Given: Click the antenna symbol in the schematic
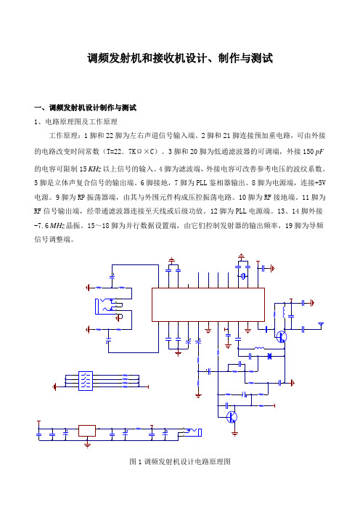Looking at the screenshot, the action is pyautogui.click(x=321, y=325).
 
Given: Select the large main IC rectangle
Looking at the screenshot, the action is pyautogui.click(x=208, y=304).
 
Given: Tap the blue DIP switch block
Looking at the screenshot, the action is pyautogui.click(x=86, y=381).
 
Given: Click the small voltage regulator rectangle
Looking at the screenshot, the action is pyautogui.click(x=87, y=431).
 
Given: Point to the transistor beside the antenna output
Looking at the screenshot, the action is pyautogui.click(x=282, y=336).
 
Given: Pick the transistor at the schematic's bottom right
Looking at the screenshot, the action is pyautogui.click(x=232, y=417).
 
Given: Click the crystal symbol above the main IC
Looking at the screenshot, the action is pyautogui.click(x=243, y=277).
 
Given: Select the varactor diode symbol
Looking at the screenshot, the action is pyautogui.click(x=269, y=356).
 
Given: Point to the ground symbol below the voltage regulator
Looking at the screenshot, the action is pyautogui.click(x=87, y=445).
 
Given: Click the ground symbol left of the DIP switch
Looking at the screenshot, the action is pyautogui.click(x=54, y=386).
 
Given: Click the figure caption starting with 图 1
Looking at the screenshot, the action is pyautogui.click(x=180, y=461).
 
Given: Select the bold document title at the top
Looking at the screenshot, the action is pyautogui.click(x=180, y=58).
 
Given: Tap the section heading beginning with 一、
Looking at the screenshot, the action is pyautogui.click(x=86, y=108).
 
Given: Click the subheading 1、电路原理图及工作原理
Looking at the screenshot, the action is pyautogui.click(x=75, y=122).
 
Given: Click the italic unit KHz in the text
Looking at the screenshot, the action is pyautogui.click(x=94, y=169).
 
